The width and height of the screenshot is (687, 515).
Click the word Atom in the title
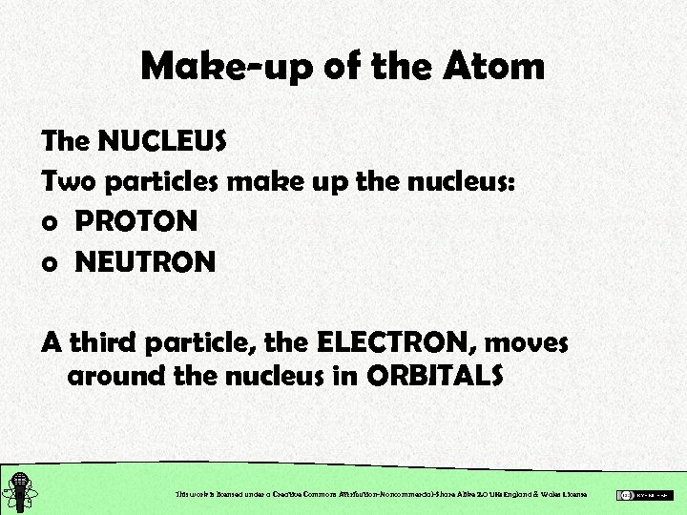click(x=494, y=66)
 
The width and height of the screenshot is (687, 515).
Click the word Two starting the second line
click(x=68, y=181)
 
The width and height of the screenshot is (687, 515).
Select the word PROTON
click(x=136, y=221)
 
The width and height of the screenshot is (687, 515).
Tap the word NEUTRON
click(x=145, y=260)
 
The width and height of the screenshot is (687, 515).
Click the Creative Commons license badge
click(x=645, y=495)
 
